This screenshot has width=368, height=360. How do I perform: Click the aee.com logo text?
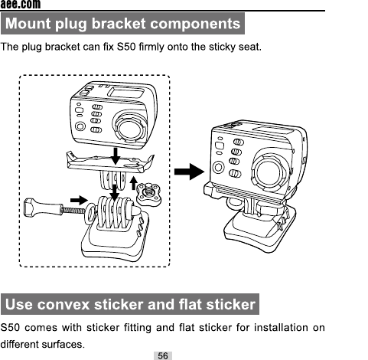coord(21,5)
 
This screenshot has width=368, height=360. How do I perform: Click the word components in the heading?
coord(195,24)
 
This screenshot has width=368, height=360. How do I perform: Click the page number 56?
coord(163,355)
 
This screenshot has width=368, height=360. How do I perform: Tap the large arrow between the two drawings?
coord(190,172)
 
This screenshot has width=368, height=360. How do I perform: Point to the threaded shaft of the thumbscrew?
coord(74,211)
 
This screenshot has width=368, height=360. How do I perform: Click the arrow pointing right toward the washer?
coord(79,201)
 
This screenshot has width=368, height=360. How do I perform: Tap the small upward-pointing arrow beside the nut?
coord(134,183)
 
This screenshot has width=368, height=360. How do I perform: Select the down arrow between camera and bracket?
coord(116,156)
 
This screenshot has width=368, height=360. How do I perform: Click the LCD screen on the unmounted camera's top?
coord(126,92)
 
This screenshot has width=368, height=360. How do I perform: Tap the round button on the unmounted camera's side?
coord(80,126)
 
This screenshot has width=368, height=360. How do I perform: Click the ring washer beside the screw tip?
coord(90,214)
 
